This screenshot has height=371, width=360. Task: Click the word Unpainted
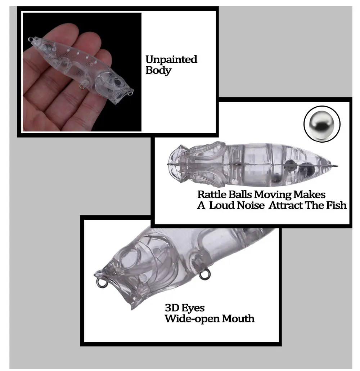pos(171,59)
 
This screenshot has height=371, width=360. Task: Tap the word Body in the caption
pos(158,71)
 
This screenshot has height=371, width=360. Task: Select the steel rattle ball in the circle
pos(322,124)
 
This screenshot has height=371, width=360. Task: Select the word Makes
pos(309,195)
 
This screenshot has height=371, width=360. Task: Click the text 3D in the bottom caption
pos(171,308)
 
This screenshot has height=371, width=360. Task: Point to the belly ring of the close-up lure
pos(204,274)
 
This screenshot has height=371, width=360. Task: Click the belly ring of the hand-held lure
pos(82,87)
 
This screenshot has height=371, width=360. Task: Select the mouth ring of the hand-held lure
pos(130,94)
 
